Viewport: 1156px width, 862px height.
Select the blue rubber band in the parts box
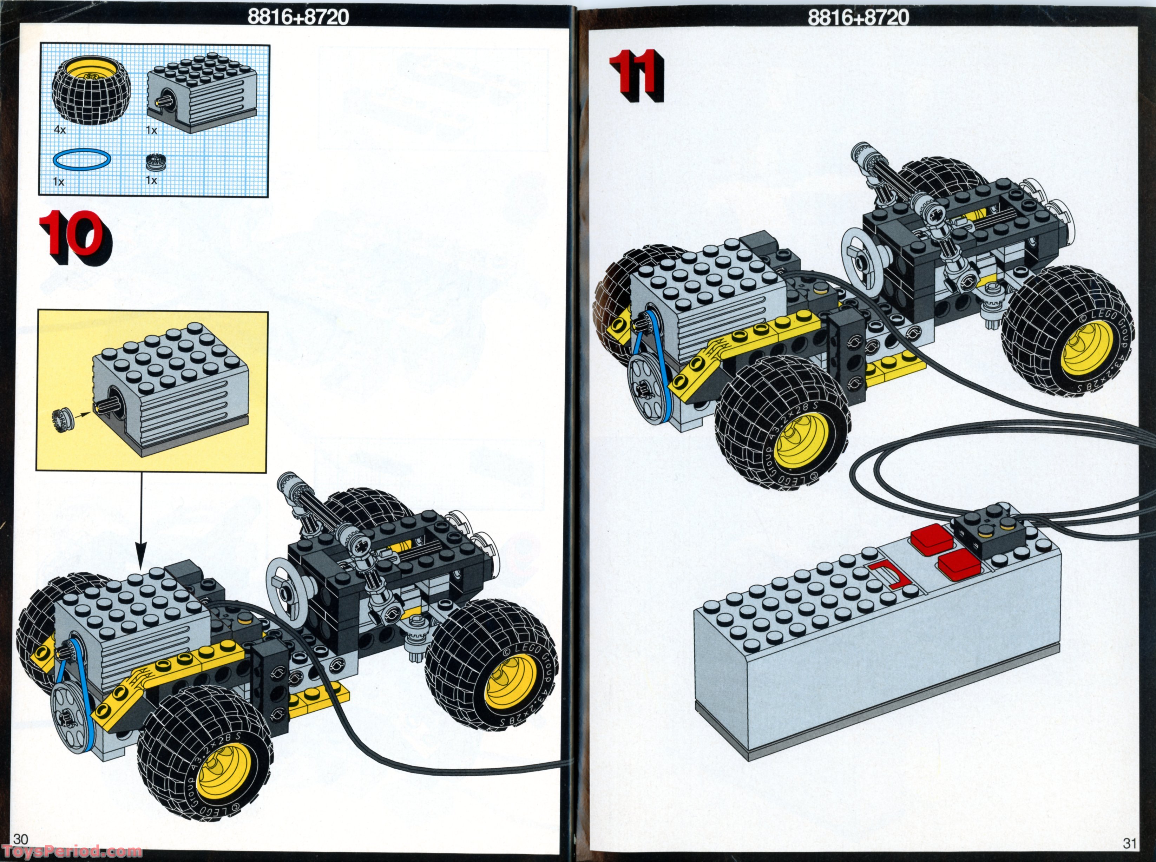tap(81, 159)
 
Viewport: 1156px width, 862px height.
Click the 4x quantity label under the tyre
tap(60, 130)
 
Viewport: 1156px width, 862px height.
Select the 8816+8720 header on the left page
tap(297, 17)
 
